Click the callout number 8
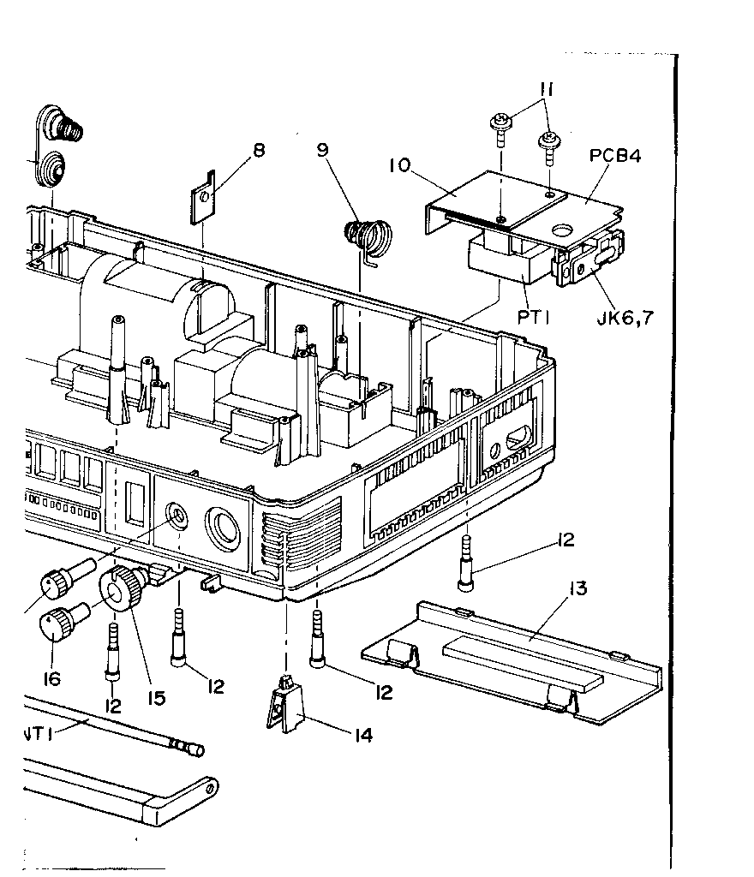click(259, 150)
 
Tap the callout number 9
click(322, 150)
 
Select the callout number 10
click(400, 165)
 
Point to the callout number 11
click(547, 89)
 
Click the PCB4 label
click(615, 156)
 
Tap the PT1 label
click(533, 318)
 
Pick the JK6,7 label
click(625, 319)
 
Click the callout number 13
click(577, 588)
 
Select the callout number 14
click(363, 735)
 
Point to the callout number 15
click(156, 698)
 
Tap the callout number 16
click(51, 679)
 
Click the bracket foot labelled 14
click(284, 705)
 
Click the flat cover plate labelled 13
click(512, 663)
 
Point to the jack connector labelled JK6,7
click(590, 259)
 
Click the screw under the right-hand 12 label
click(465, 564)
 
